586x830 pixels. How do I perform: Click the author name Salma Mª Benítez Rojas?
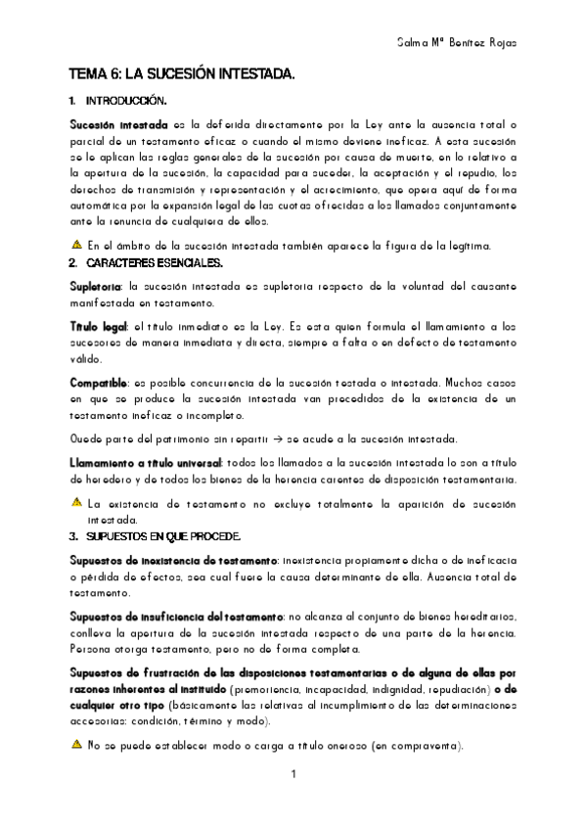pyautogui.click(x=457, y=43)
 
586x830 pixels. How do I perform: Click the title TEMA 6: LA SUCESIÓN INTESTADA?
pyautogui.click(x=181, y=74)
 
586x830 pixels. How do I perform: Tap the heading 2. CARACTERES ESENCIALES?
pyautogui.click(x=146, y=263)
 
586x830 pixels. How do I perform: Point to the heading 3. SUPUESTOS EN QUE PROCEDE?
pyautogui.click(x=156, y=536)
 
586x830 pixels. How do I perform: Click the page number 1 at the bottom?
pyautogui.click(x=293, y=775)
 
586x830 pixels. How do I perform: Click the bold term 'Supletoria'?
pyautogui.click(x=95, y=287)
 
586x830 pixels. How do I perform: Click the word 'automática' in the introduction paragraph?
pyautogui.click(x=98, y=206)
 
